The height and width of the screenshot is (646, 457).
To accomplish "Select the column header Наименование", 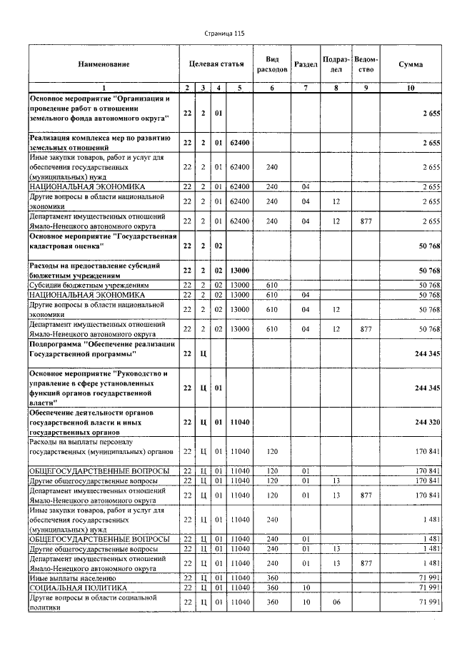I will point(104,64).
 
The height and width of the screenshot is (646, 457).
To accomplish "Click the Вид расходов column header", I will point(271,64).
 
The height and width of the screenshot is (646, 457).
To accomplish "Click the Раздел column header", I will point(306,64).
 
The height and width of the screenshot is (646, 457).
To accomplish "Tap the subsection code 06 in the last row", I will point(336,602).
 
